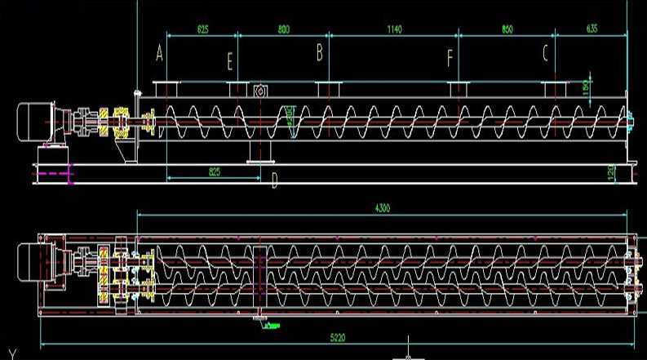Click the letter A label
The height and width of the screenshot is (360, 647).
(160, 54)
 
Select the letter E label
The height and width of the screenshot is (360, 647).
(230, 60)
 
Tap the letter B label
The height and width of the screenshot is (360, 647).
(320, 53)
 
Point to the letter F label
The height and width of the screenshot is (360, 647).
(450, 59)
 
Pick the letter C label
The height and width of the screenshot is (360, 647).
(545, 53)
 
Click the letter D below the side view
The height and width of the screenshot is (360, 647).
(274, 181)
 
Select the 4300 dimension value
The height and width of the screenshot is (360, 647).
(382, 209)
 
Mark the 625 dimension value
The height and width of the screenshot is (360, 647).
(203, 29)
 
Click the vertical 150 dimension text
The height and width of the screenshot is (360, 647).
(586, 88)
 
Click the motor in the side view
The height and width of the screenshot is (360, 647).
(39, 120)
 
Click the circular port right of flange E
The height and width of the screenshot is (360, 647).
(261, 91)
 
